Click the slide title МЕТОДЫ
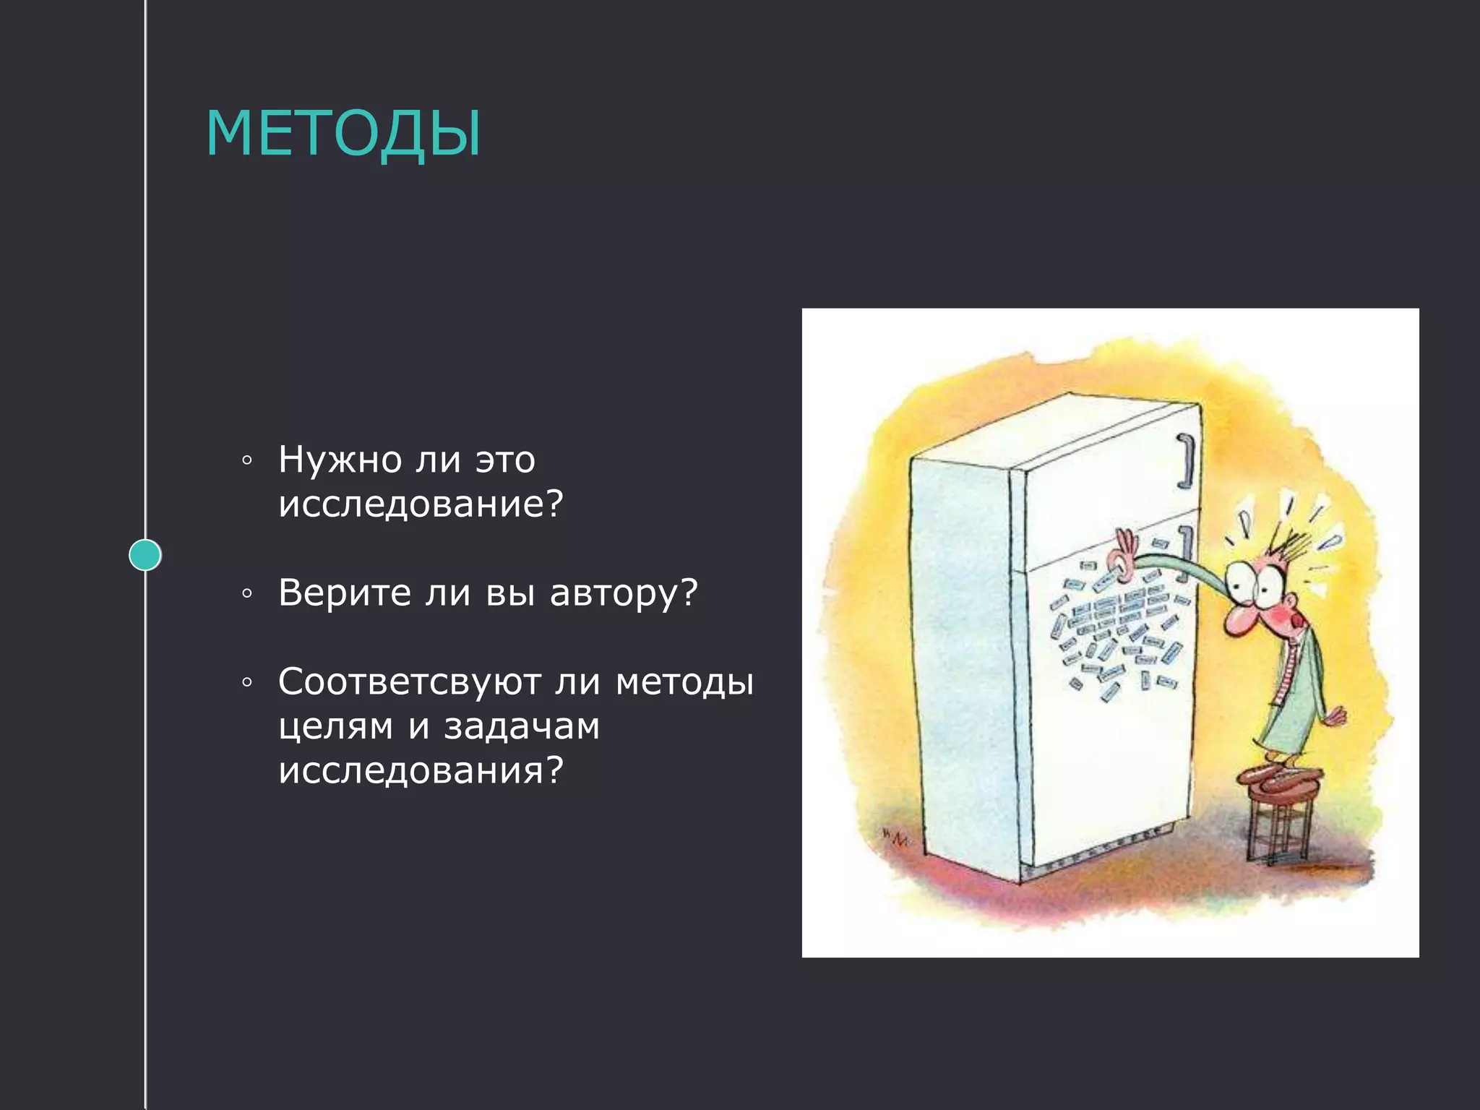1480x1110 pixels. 343,133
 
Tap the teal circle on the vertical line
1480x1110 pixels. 145,555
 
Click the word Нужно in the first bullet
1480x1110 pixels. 340,460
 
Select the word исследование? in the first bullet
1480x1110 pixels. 420,504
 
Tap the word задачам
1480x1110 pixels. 521,726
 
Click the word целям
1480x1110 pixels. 336,726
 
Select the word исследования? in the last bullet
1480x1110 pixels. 420,770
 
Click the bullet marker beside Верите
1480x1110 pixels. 247,594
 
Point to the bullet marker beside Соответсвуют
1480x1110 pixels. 247,682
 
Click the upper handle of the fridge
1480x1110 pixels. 1186,461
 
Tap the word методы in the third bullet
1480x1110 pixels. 684,681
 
